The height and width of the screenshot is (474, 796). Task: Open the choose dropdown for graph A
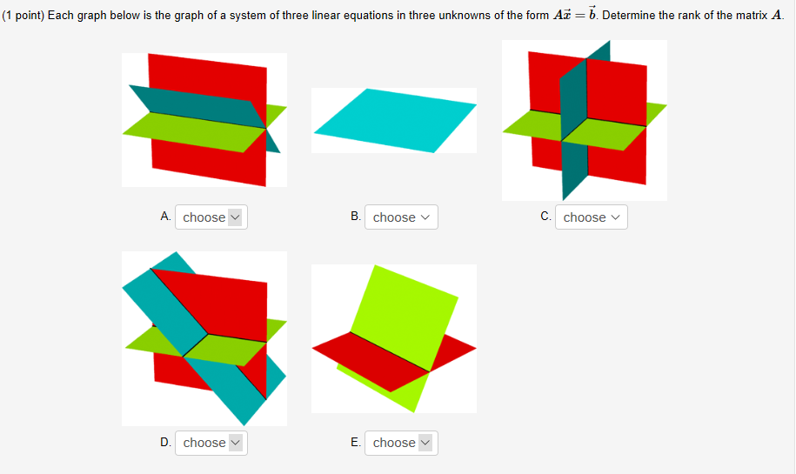(211, 217)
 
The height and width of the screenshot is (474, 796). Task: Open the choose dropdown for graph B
(401, 217)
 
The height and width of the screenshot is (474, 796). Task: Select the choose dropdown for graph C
(592, 217)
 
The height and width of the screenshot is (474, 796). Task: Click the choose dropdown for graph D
(211, 443)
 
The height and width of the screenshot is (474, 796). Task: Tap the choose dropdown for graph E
(401, 443)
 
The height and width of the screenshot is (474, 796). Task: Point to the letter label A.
(165, 217)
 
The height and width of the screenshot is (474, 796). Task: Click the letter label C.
(545, 217)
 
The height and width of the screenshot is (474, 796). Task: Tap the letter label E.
(355, 442)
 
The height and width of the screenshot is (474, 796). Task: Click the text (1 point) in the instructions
(23, 16)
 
